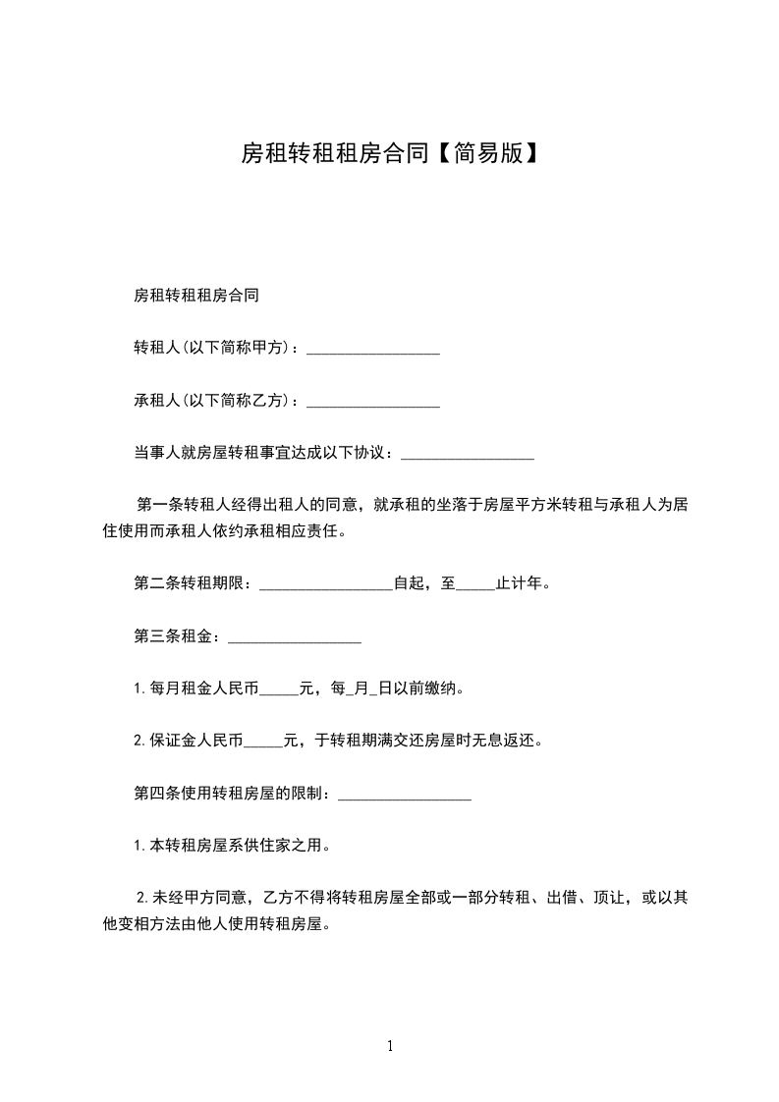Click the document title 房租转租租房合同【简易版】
[389, 153]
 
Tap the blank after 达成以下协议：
[468, 454]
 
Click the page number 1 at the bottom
[390, 1046]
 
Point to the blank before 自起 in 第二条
[326, 584]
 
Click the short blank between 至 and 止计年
[476, 584]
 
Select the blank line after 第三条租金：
[294, 637]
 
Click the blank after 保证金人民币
[262, 742]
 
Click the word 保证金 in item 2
[173, 742]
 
